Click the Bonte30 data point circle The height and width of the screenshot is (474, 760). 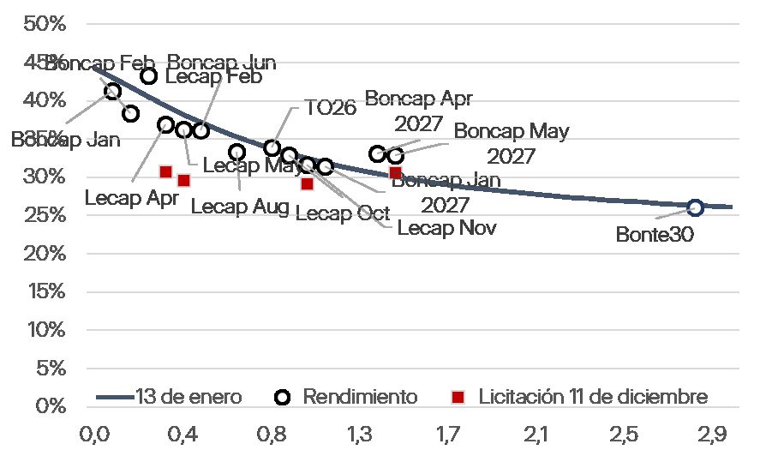click(x=695, y=207)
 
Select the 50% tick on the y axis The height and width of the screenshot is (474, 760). click(x=45, y=23)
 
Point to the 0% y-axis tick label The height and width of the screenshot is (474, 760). click(x=51, y=405)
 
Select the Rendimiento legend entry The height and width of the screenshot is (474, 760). click(x=347, y=397)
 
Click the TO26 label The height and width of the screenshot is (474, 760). click(x=330, y=110)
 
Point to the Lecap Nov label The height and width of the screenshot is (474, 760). click(x=446, y=228)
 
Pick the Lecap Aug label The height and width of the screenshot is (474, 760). click(x=239, y=207)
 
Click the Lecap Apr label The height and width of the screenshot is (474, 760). click(x=131, y=197)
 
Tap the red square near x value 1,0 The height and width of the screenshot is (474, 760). click(x=307, y=183)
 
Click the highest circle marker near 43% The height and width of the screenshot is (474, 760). click(x=148, y=75)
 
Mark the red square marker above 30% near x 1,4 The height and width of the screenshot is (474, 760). click(x=395, y=172)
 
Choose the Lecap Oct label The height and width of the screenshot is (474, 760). click(x=342, y=213)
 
